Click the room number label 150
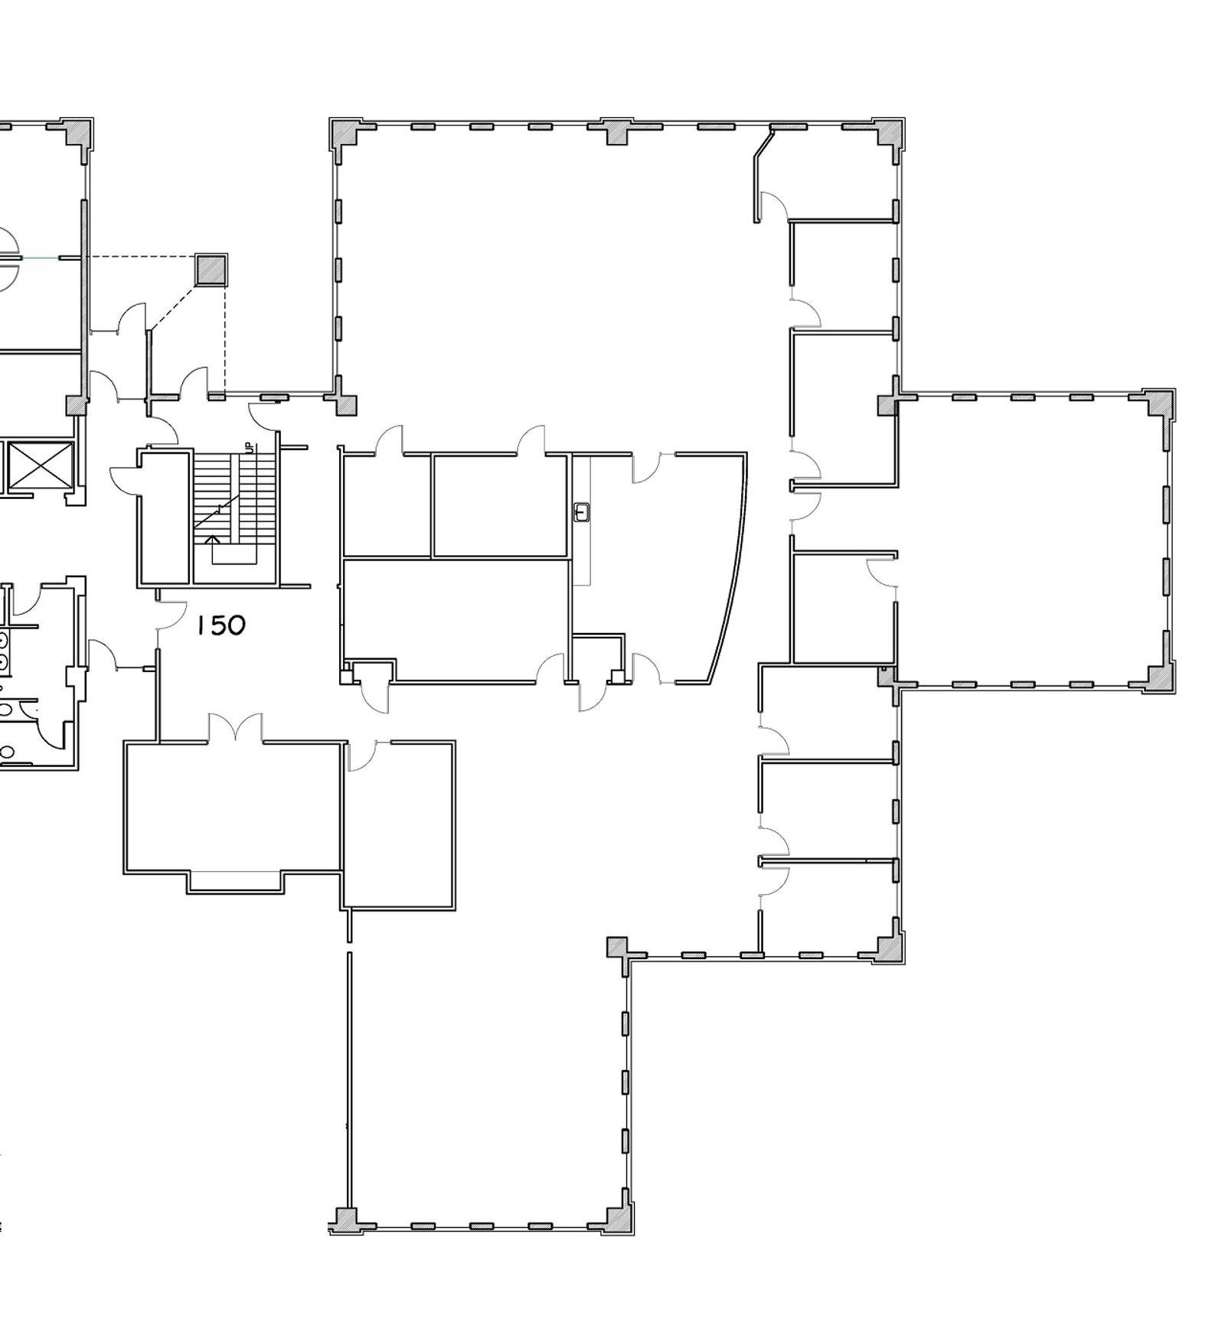click(220, 625)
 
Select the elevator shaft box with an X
click(41, 467)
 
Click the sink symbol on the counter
click(581, 511)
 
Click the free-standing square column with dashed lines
click(211, 270)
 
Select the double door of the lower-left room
click(236, 727)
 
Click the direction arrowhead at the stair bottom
click(215, 540)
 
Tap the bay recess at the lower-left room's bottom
click(236, 882)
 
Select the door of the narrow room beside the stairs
click(124, 479)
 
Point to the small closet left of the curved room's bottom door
click(599, 658)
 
